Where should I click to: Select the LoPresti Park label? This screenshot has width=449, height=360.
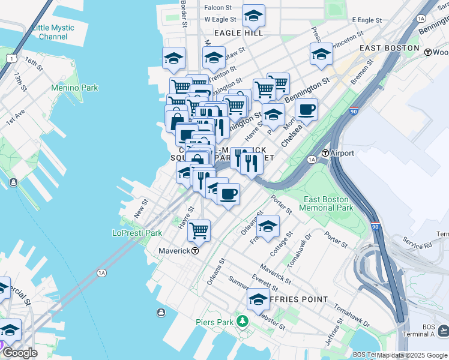[x=137, y=233]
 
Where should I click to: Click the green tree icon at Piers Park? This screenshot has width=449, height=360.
[x=242, y=322]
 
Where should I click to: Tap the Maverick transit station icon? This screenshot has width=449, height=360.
[x=195, y=251]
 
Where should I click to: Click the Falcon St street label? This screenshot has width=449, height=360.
[x=218, y=7]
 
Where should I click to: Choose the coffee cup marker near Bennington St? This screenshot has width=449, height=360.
[x=306, y=110]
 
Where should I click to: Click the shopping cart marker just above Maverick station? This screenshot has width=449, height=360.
[x=199, y=230]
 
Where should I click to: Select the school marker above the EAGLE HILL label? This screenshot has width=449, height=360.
[x=253, y=16]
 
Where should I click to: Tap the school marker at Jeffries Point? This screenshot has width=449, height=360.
[x=258, y=299]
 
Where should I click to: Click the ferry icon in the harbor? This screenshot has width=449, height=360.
[x=161, y=312]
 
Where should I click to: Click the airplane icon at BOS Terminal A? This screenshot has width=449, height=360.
[x=443, y=330]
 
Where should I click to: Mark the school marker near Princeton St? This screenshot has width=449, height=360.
[x=321, y=54]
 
